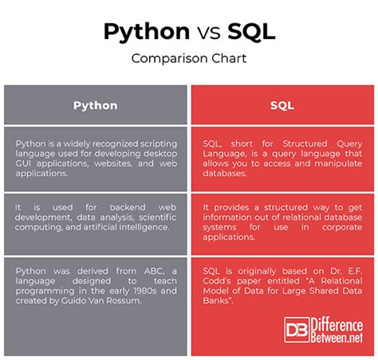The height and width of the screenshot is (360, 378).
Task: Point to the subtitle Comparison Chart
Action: click(188, 58)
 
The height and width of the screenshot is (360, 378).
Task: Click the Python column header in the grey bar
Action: click(95, 104)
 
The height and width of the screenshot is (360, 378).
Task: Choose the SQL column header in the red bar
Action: click(283, 104)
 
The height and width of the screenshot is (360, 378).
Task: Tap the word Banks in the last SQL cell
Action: click(221, 303)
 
